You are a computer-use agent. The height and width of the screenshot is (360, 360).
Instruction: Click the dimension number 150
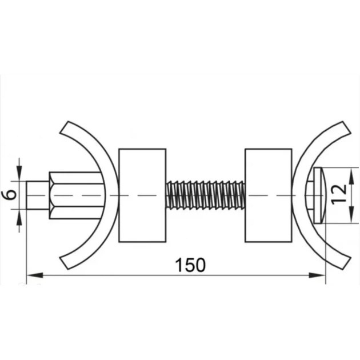[x=190, y=265]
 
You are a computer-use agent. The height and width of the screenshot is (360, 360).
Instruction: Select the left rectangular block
[x=142, y=195]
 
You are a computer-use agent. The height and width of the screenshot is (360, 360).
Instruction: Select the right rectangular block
[x=269, y=195]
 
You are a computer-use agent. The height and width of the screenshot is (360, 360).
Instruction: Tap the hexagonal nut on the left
[x=75, y=195]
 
